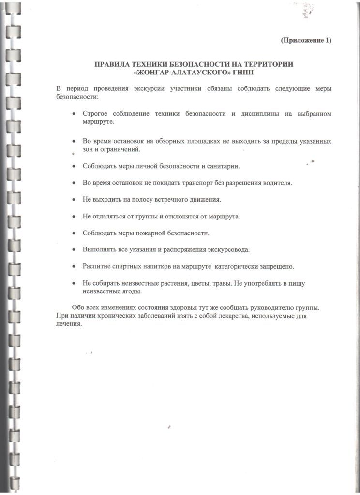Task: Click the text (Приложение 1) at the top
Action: [306, 40]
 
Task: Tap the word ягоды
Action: [130, 291]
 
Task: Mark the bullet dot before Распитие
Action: [73, 267]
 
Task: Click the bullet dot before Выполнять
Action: [73, 250]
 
